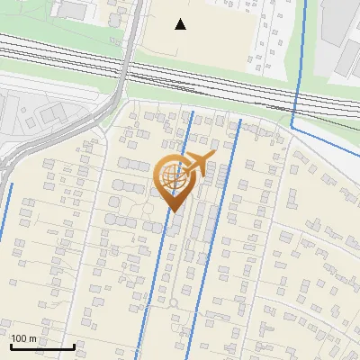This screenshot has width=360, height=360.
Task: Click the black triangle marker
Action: (181, 24)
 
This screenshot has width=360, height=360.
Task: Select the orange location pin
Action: (174, 180)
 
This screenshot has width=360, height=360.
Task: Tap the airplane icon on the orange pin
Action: (196, 164)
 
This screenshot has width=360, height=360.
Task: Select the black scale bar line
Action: (41, 346)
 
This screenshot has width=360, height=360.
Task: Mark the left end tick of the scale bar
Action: (10, 345)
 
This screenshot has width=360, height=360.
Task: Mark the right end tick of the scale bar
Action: (74, 345)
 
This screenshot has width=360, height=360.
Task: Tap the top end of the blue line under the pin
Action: (193, 112)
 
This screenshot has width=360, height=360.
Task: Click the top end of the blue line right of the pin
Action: (240, 120)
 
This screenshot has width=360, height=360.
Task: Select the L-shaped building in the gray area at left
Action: (50, 112)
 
